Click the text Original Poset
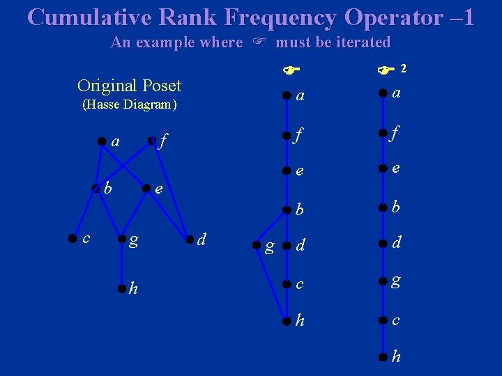point(129,86)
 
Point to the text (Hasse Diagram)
point(130,105)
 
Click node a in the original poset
point(102,141)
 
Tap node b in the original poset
point(96,188)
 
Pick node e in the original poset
point(146,188)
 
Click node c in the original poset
point(72,238)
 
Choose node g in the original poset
point(122,240)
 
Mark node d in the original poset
point(189,240)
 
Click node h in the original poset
point(122,288)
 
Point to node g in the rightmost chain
point(383,281)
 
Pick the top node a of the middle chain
point(286,95)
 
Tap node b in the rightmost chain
point(383,207)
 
